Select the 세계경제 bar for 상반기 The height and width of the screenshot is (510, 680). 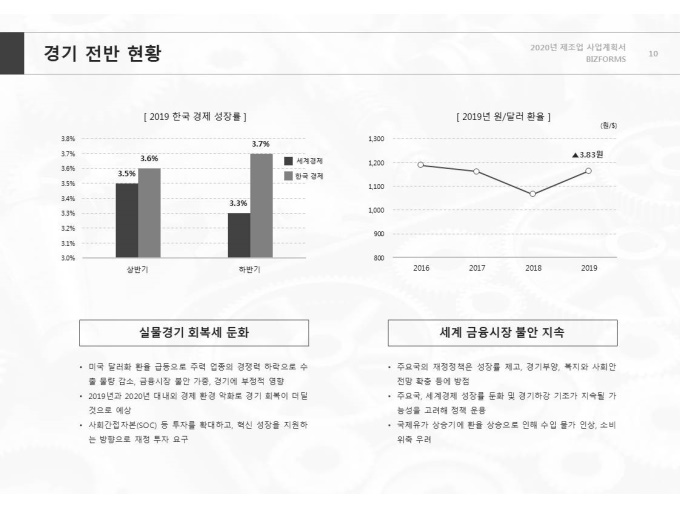tap(127, 220)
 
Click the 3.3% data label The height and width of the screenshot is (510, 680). tap(238, 203)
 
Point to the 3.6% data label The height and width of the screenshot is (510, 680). tap(149, 159)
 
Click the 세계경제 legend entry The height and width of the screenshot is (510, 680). tap(308, 161)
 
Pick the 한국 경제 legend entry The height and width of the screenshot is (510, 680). tap(310, 176)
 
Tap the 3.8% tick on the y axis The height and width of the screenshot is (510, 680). tap(68, 139)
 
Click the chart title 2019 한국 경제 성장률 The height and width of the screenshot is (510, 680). tap(195, 117)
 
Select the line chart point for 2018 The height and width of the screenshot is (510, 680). tap(533, 193)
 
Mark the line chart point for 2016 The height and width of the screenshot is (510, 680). tap(421, 165)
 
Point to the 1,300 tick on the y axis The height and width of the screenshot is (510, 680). tap(376, 139)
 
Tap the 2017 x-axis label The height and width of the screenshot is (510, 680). tap(477, 268)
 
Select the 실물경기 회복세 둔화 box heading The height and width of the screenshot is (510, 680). tap(194, 333)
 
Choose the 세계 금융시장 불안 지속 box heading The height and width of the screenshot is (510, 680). tap(502, 333)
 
